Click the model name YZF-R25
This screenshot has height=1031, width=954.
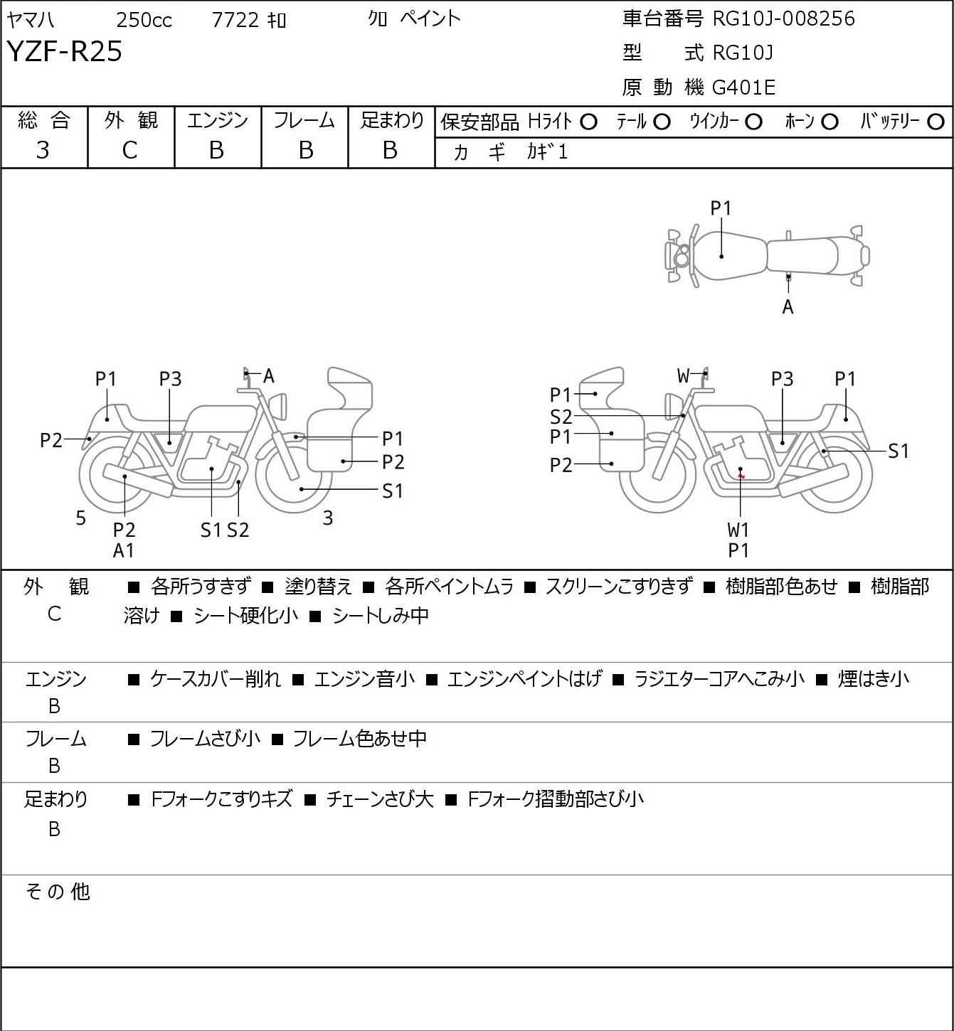click(65, 51)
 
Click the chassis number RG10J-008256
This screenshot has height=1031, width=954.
click(783, 18)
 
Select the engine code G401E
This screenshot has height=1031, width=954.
click(743, 87)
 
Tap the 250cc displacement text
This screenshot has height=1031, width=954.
click(144, 20)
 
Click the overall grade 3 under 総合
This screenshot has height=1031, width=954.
click(43, 151)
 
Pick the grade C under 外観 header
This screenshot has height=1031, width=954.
click(129, 151)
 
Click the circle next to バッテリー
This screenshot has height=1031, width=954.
click(936, 122)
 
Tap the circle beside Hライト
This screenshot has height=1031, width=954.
click(588, 122)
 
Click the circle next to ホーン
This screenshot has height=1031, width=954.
click(830, 122)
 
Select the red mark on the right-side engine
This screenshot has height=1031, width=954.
click(742, 476)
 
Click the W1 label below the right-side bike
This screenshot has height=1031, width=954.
click(738, 530)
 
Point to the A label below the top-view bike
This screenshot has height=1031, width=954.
click(788, 307)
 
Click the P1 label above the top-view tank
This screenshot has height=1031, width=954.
click(721, 209)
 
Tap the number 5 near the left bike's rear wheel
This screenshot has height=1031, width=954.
click(80, 518)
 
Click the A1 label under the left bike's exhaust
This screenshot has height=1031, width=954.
click(124, 550)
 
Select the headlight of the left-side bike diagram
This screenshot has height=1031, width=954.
click(278, 406)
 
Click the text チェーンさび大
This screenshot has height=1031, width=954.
click(380, 798)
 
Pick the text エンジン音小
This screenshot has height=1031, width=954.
click(364, 678)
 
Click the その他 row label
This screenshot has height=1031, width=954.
click(58, 892)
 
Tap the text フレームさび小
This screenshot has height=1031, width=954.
click(205, 738)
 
